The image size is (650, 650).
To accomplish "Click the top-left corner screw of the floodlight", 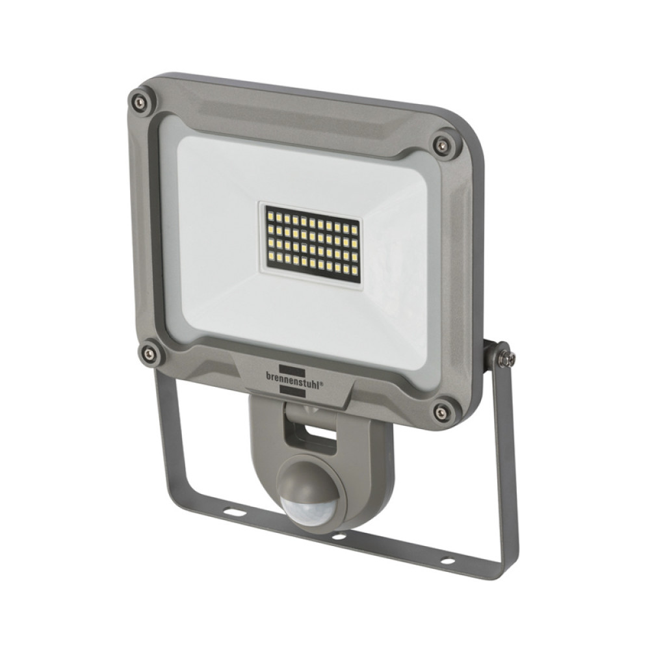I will (x=138, y=102).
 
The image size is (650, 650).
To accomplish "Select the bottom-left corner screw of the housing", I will (x=149, y=354).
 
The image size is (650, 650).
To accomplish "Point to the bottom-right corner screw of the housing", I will (x=442, y=411).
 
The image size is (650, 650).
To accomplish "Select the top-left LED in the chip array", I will (x=268, y=213).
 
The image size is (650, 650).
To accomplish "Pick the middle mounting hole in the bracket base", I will (x=339, y=536).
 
